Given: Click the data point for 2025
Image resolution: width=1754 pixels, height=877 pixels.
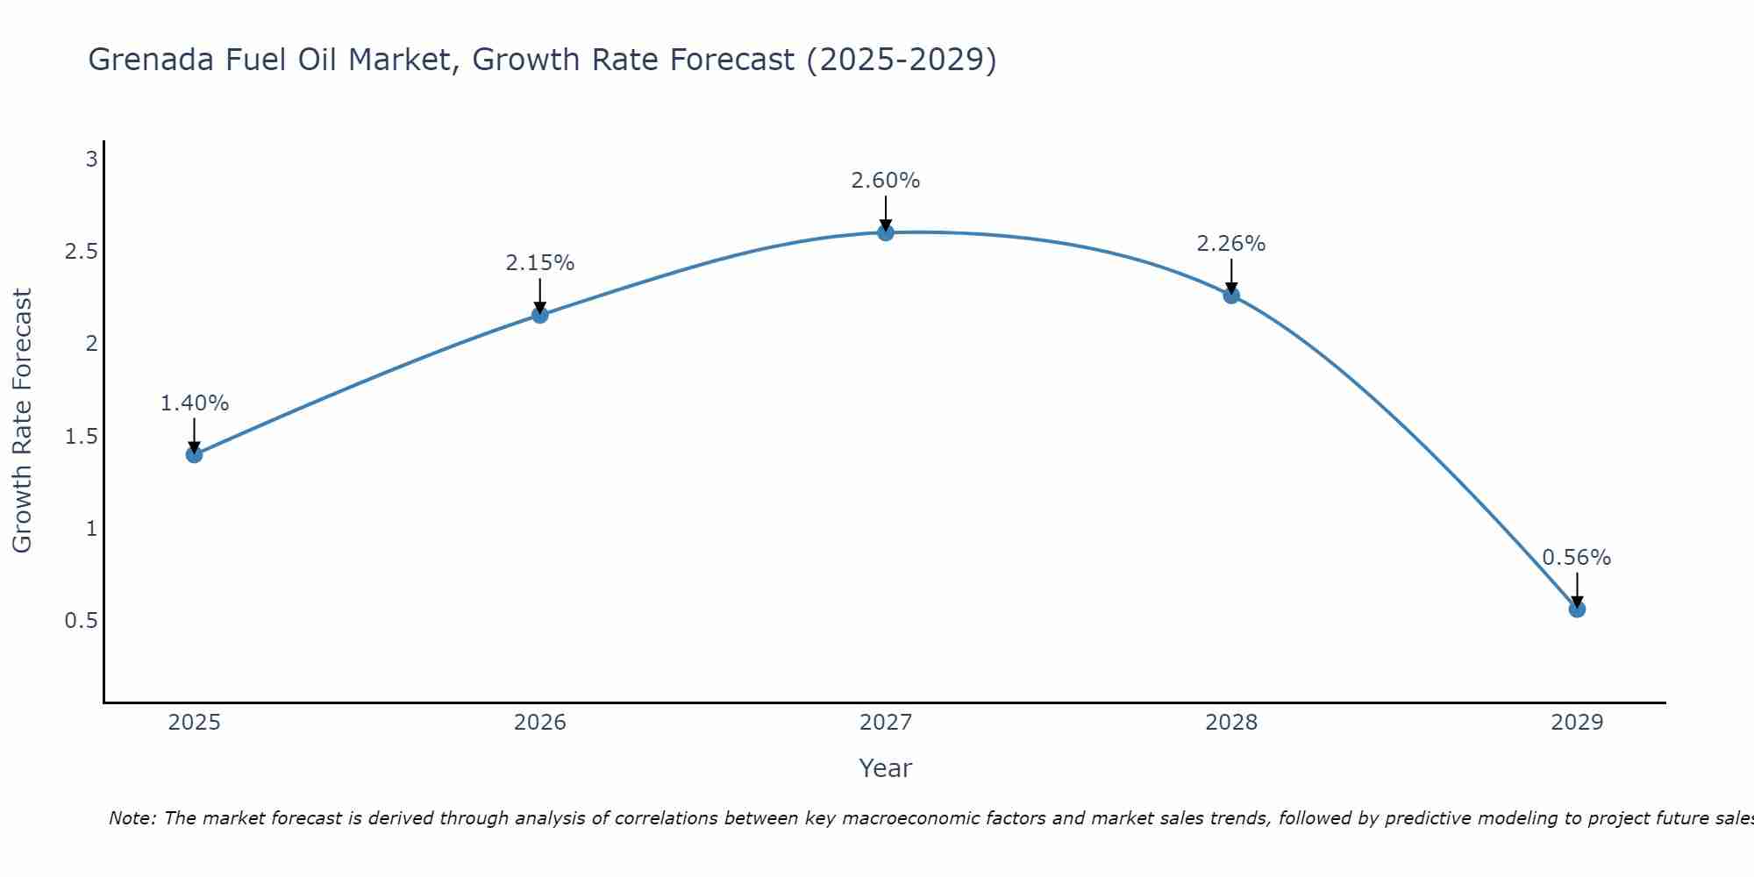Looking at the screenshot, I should pyautogui.click(x=195, y=454).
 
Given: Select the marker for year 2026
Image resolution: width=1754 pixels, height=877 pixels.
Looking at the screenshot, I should pyautogui.click(x=540, y=315).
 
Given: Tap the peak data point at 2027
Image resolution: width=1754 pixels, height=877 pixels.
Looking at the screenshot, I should pyautogui.click(x=886, y=232).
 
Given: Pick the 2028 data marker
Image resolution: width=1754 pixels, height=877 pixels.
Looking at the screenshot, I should pyautogui.click(x=1231, y=296).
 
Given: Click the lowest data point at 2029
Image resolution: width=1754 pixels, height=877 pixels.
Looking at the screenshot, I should pyautogui.click(x=1577, y=609).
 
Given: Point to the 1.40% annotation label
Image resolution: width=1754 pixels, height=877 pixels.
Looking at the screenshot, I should pyautogui.click(x=195, y=403).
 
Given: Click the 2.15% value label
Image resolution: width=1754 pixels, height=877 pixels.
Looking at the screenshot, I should pyautogui.click(x=540, y=263).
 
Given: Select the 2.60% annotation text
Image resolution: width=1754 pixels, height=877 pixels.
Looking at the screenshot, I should pyautogui.click(x=886, y=181).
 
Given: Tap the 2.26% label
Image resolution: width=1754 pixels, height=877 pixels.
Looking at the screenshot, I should pyautogui.click(x=1231, y=244).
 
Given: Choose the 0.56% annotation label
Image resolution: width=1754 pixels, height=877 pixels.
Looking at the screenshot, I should pyautogui.click(x=1577, y=558).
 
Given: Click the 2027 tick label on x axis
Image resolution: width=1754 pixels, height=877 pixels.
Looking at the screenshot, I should pyautogui.click(x=886, y=723).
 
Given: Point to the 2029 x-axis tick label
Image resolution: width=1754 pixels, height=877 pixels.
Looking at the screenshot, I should pyautogui.click(x=1577, y=723).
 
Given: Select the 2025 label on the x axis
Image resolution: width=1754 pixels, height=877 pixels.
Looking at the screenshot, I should pyautogui.click(x=195, y=723).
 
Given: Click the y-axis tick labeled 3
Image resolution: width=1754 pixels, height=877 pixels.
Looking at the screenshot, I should pyautogui.click(x=90, y=160).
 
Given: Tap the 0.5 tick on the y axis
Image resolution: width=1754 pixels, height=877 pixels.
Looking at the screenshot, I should pyautogui.click(x=81, y=621).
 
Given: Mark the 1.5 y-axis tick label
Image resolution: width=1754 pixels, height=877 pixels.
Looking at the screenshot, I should pyautogui.click(x=81, y=437).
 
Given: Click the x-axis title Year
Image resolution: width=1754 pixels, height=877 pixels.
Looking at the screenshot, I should pyautogui.click(x=886, y=768).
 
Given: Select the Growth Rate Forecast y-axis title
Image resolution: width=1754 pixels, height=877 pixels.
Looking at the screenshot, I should pyautogui.click(x=23, y=421).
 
